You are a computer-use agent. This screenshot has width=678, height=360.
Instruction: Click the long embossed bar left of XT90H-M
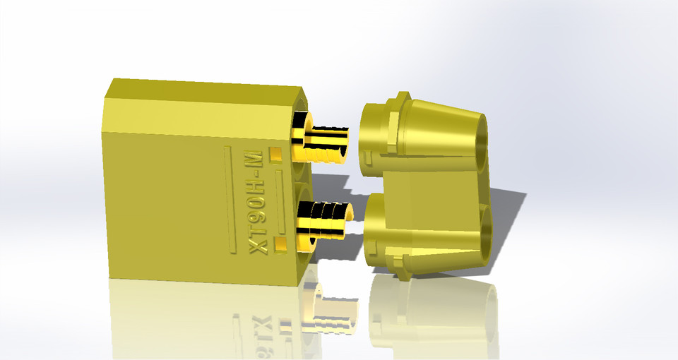227,198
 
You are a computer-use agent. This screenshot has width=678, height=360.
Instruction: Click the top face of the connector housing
205,88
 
